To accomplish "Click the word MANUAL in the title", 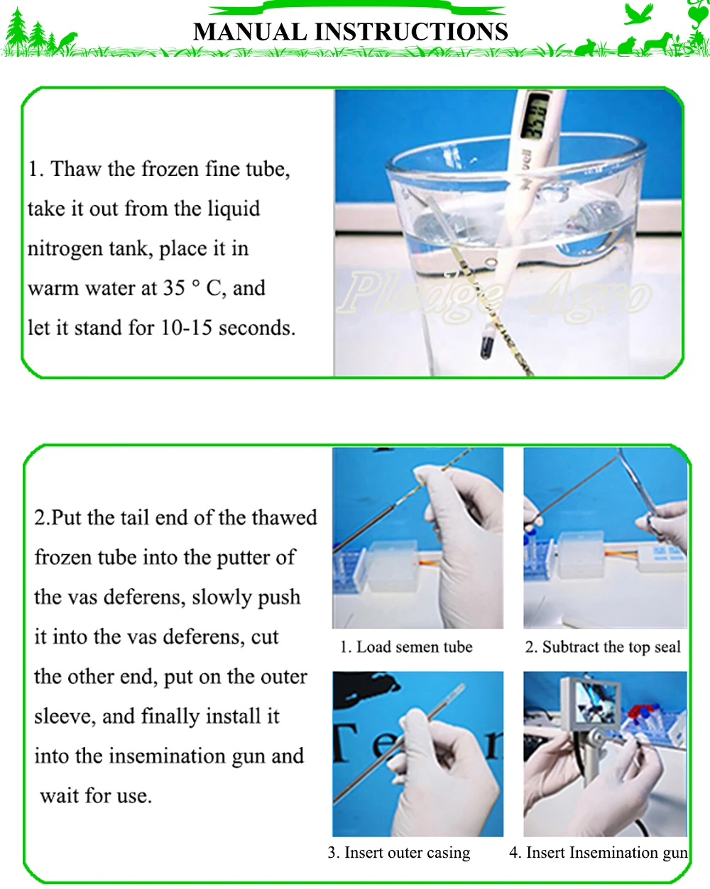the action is tap(250, 31).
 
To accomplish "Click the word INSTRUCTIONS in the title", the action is tap(411, 31).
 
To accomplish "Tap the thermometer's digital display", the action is tap(536, 116).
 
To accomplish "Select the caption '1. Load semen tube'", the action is tap(406, 647).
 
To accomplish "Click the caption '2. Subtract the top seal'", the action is tap(603, 647).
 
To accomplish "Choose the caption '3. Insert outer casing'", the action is tap(399, 852).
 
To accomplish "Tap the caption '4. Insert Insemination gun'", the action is tap(599, 852).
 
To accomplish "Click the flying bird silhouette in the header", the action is tap(638, 13).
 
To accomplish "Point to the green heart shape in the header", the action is tap(698, 15).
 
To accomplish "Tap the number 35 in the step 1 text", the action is tap(174, 288).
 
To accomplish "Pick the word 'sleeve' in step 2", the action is tap(65, 717).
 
